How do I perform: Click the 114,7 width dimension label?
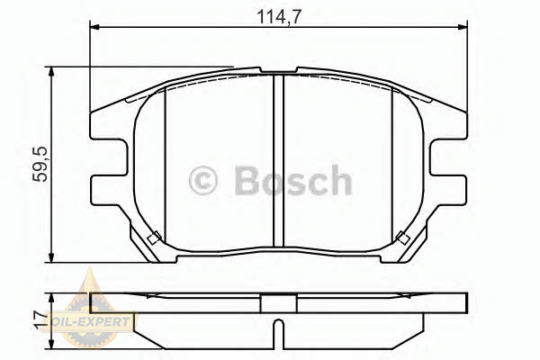coord(279,16)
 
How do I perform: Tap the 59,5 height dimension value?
coord(40,164)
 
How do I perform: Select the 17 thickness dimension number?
coord(42,319)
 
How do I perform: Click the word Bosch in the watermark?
coord(293,180)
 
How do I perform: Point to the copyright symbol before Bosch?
coord(203,181)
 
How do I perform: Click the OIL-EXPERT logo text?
coord(89,322)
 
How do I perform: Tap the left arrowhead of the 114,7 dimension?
coord(94,27)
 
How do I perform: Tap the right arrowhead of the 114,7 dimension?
coord(463,27)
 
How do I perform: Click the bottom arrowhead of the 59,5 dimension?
coord(51,257)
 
